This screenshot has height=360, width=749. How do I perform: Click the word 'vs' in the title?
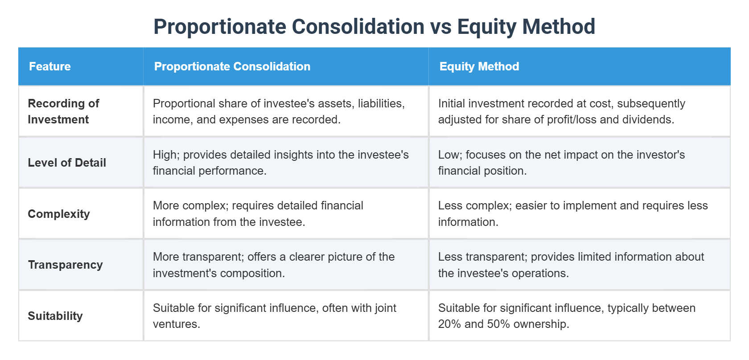440,27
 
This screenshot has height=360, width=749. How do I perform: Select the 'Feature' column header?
50,66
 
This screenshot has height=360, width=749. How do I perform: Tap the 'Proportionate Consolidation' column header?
232,66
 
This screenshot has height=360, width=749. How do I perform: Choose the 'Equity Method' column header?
479,66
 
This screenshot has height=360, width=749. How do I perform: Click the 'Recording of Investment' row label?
63,111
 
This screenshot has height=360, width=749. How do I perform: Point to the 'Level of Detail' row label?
67,163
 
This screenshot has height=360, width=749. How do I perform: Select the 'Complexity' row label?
59,214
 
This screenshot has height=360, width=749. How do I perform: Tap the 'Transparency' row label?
65,265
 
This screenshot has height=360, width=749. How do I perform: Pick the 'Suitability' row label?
55,316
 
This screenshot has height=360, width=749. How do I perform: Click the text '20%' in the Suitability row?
449,324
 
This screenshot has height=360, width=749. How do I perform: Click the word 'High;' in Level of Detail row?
166,155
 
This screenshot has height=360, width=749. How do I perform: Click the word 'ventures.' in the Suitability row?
177,324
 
